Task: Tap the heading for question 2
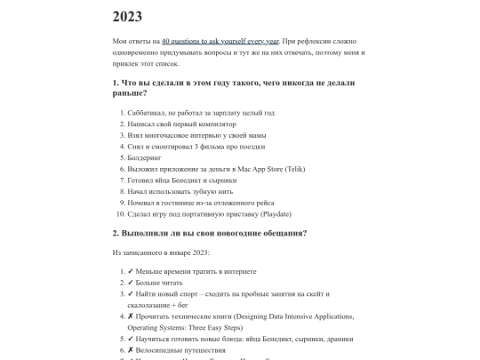(210, 233)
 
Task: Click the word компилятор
(211, 124)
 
